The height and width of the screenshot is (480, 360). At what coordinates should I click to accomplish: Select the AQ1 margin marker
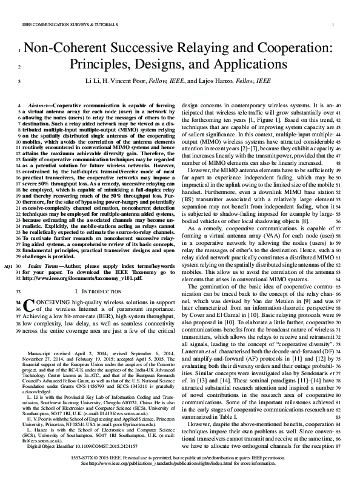(7, 266)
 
